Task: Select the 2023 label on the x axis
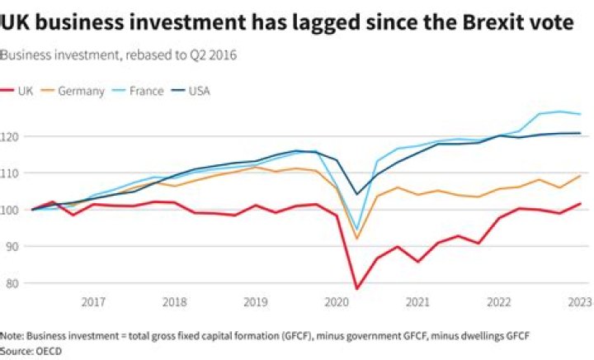(x=580, y=303)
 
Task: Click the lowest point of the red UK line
(x=357, y=289)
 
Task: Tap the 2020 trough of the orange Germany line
(x=357, y=239)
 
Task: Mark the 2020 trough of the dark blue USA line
(x=357, y=195)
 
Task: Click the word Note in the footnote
(x=12, y=336)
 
